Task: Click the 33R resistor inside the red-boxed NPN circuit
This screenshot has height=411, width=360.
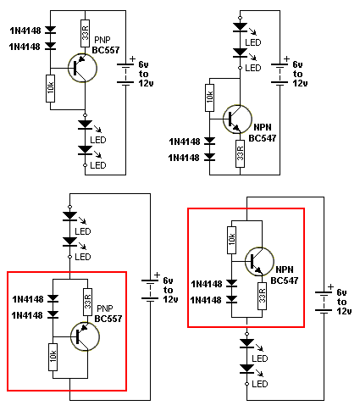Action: (263, 296)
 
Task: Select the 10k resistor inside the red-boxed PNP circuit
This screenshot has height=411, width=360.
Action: (53, 357)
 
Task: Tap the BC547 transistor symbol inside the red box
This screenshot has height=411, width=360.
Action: (259, 262)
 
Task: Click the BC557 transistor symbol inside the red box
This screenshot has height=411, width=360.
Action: (85, 336)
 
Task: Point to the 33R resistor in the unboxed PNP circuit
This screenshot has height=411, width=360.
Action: (86, 33)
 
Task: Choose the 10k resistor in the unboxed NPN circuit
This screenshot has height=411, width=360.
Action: (209, 97)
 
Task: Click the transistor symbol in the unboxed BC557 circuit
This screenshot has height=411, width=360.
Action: (82, 68)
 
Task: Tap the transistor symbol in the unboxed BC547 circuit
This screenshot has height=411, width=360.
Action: (237, 119)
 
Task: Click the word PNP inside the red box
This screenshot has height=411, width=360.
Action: (105, 308)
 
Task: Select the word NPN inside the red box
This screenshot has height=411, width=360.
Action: (285, 269)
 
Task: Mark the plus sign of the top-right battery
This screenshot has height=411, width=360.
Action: (286, 59)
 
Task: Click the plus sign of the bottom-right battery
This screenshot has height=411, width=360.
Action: (330, 286)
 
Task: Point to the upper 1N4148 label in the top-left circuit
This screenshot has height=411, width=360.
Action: (25, 31)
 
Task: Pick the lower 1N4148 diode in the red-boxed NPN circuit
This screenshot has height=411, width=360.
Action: (232, 299)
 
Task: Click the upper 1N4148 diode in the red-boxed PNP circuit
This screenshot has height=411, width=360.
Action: (53, 298)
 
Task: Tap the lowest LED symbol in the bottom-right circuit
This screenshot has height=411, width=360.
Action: (246, 369)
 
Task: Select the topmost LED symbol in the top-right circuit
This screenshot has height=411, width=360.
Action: (240, 27)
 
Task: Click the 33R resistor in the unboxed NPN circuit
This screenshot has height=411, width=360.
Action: (241, 153)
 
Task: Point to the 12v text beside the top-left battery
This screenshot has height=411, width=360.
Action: (146, 83)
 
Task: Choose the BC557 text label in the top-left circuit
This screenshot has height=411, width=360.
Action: (106, 50)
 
